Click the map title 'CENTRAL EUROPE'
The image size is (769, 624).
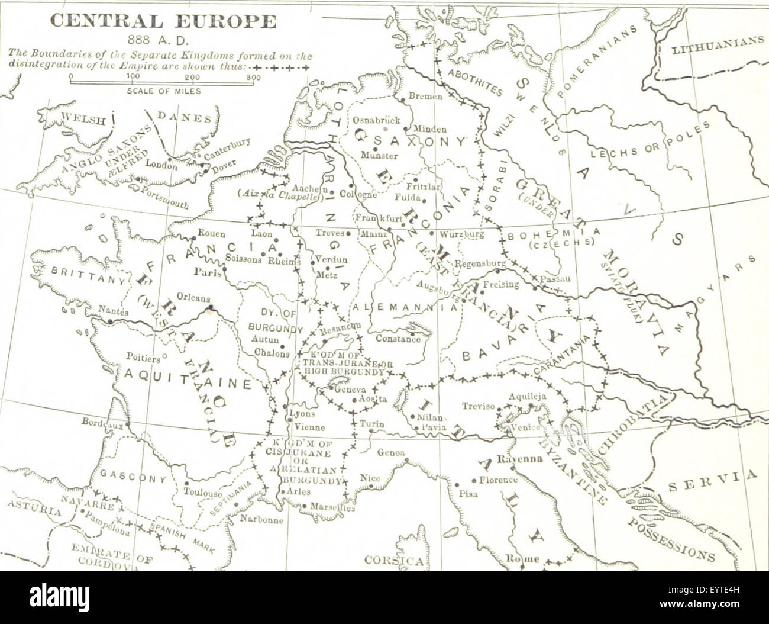pos(163,22)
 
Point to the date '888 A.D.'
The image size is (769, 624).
pos(158,41)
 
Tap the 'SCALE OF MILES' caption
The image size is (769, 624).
pos(164,91)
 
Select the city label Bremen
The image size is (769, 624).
pos(425,96)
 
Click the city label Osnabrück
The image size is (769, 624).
pos(376,120)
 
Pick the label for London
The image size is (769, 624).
pos(161,166)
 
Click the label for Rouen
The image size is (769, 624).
pos(211,233)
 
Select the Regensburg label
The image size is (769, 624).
pos(481,263)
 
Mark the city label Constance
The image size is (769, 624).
pos(398,339)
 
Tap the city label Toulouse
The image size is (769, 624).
pos(202,492)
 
